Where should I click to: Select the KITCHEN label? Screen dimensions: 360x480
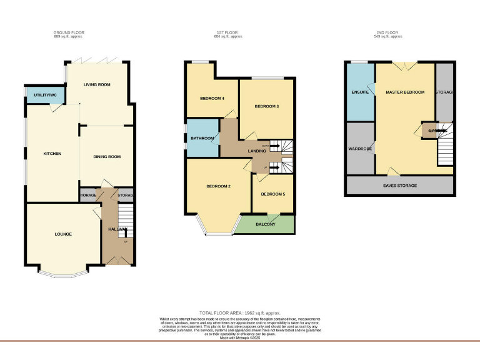click(x=52, y=153)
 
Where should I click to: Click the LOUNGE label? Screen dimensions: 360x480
click(x=62, y=234)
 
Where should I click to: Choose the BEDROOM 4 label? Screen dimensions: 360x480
click(x=212, y=99)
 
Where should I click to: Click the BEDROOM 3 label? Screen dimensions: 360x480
click(x=266, y=106)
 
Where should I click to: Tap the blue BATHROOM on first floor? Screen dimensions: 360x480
click(x=202, y=138)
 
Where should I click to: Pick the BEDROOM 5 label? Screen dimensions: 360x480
click(x=273, y=194)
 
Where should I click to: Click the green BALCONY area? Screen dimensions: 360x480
click(x=266, y=224)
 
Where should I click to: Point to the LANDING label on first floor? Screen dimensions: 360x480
click(x=257, y=151)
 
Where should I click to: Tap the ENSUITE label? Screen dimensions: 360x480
click(x=359, y=92)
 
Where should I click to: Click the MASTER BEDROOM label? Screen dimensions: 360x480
click(x=405, y=92)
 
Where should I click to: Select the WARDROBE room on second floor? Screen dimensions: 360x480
click(x=360, y=149)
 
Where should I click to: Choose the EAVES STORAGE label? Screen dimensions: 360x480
click(x=400, y=186)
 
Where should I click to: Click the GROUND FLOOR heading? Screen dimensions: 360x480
click(x=69, y=32)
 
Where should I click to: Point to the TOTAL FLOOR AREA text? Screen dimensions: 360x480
click(x=240, y=312)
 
